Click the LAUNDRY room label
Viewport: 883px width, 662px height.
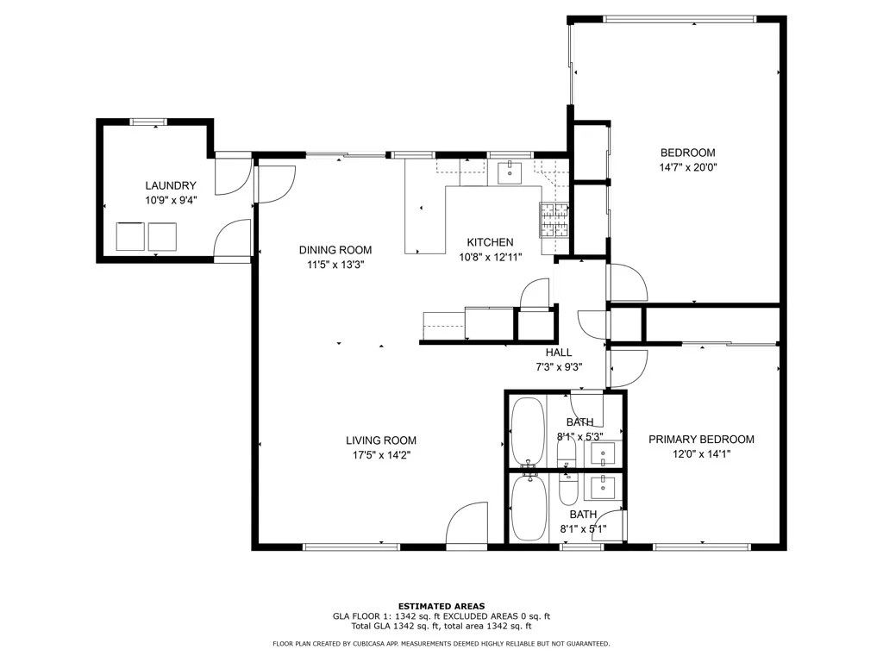click(171, 185)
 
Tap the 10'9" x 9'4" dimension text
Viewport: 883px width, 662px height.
click(171, 200)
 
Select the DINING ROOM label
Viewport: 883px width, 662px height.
click(335, 250)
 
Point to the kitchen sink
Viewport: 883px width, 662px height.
click(510, 172)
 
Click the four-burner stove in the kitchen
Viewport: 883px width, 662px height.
click(554, 220)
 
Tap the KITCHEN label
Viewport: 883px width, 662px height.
click(490, 242)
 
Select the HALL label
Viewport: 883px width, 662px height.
click(559, 352)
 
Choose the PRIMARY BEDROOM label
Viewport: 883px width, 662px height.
click(701, 439)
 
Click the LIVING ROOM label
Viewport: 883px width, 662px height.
click(381, 440)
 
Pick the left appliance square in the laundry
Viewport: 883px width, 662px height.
click(130, 235)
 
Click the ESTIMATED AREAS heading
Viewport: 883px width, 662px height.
click(441, 606)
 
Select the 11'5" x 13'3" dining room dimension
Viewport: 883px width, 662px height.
click(335, 265)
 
